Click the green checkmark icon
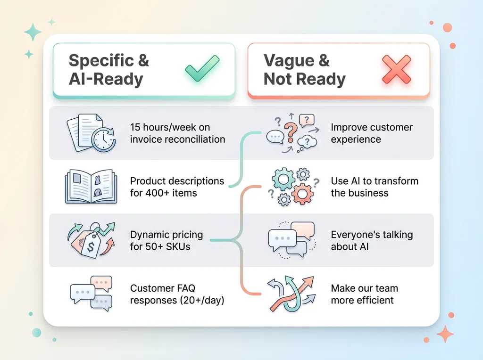[x=202, y=69]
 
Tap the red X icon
[x=396, y=70]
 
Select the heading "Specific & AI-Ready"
[x=109, y=70]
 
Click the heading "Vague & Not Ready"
[x=305, y=70]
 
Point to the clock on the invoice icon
[x=104, y=139]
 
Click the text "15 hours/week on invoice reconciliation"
[x=177, y=133]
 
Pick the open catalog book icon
[x=91, y=187]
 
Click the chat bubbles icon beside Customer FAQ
[x=91, y=294]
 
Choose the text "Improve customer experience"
[x=372, y=133]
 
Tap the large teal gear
[x=283, y=180]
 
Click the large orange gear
[x=302, y=194]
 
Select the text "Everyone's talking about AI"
[x=372, y=241]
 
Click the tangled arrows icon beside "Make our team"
[x=291, y=294]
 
